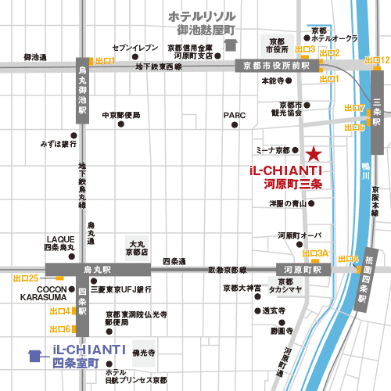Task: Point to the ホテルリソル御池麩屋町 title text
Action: (x=206, y=23)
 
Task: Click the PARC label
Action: (x=235, y=115)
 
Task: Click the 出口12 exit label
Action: (x=377, y=59)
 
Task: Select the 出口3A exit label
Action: (x=315, y=253)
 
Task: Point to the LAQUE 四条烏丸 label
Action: (x=60, y=243)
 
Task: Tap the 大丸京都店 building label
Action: (x=137, y=249)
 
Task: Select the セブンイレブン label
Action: (x=130, y=48)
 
